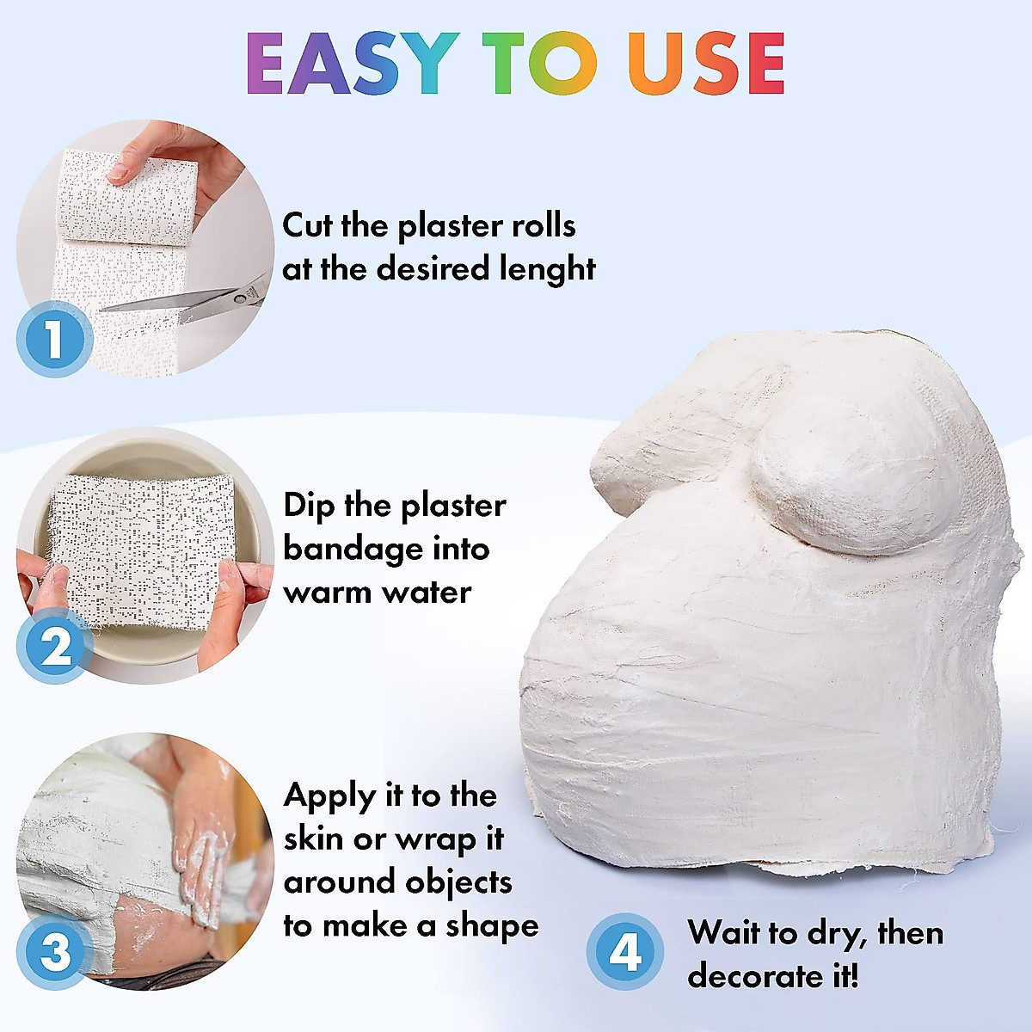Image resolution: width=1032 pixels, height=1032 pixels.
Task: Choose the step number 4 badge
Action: (625, 952)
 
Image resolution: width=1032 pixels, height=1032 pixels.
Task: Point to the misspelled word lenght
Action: (548, 269)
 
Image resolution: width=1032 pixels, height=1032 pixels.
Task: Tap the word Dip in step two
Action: (310, 506)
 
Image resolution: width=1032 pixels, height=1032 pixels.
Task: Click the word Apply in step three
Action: (330, 796)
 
